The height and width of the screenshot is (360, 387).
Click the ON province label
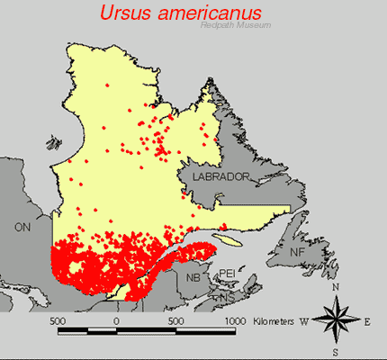tap(22, 229)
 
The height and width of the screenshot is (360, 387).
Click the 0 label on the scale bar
tap(116, 320)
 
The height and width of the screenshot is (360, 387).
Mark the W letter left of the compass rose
tap(303, 319)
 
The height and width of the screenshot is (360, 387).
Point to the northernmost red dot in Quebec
tap(107, 85)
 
